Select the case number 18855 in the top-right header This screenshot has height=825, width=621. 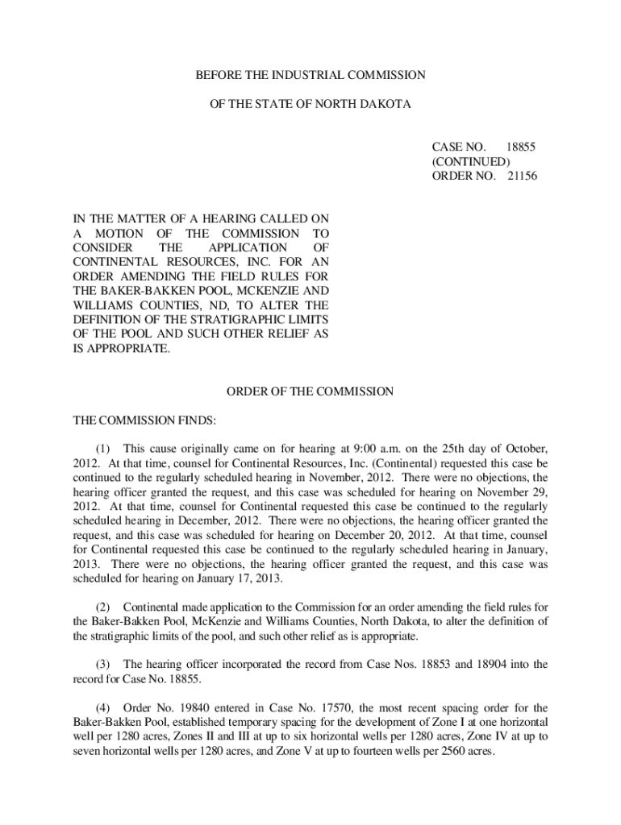pyautogui.click(x=520, y=147)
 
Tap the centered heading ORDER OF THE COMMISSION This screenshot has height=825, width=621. pyautogui.click(x=310, y=392)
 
